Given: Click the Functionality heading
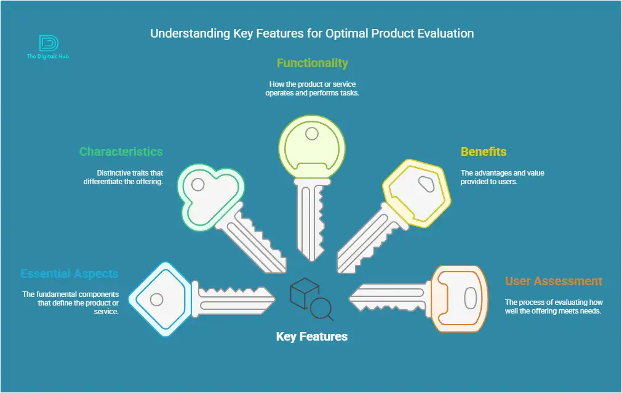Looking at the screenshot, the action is click(x=312, y=63).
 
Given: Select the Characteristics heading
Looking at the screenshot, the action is click(x=121, y=152).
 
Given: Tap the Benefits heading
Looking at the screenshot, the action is click(x=484, y=152).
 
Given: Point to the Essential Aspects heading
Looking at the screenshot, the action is click(x=70, y=273).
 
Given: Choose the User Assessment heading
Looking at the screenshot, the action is click(x=554, y=281).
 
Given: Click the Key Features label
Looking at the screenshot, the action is click(x=312, y=336).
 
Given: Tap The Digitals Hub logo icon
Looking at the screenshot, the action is click(x=49, y=43).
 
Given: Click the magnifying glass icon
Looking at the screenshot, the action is click(x=321, y=309).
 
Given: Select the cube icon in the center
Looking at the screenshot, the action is click(x=305, y=293).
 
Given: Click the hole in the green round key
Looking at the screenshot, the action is click(x=312, y=134).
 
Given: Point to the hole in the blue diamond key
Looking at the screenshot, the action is click(x=156, y=299).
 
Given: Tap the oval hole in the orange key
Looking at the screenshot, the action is click(x=471, y=298).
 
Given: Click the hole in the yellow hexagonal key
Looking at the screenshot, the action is click(x=426, y=184).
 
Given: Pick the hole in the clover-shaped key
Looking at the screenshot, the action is click(x=198, y=184).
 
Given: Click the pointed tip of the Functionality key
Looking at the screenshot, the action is click(x=312, y=261).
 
